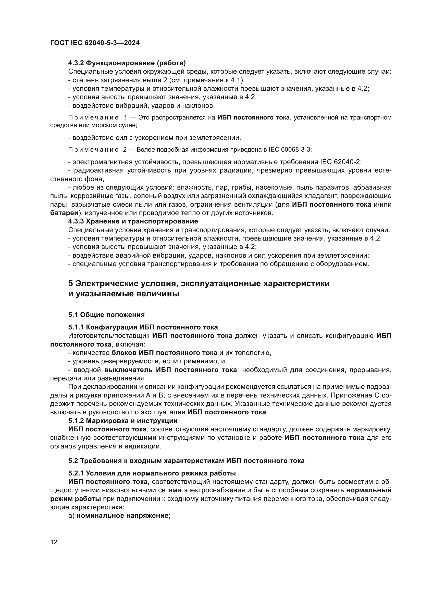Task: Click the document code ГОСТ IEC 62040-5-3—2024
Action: (95, 43)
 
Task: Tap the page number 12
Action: (54, 542)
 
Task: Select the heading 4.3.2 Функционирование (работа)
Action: (127, 63)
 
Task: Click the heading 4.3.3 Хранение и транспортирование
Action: (133, 221)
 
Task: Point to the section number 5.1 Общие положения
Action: (106, 315)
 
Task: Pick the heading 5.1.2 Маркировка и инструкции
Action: (123, 420)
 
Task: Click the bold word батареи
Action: (64, 213)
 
